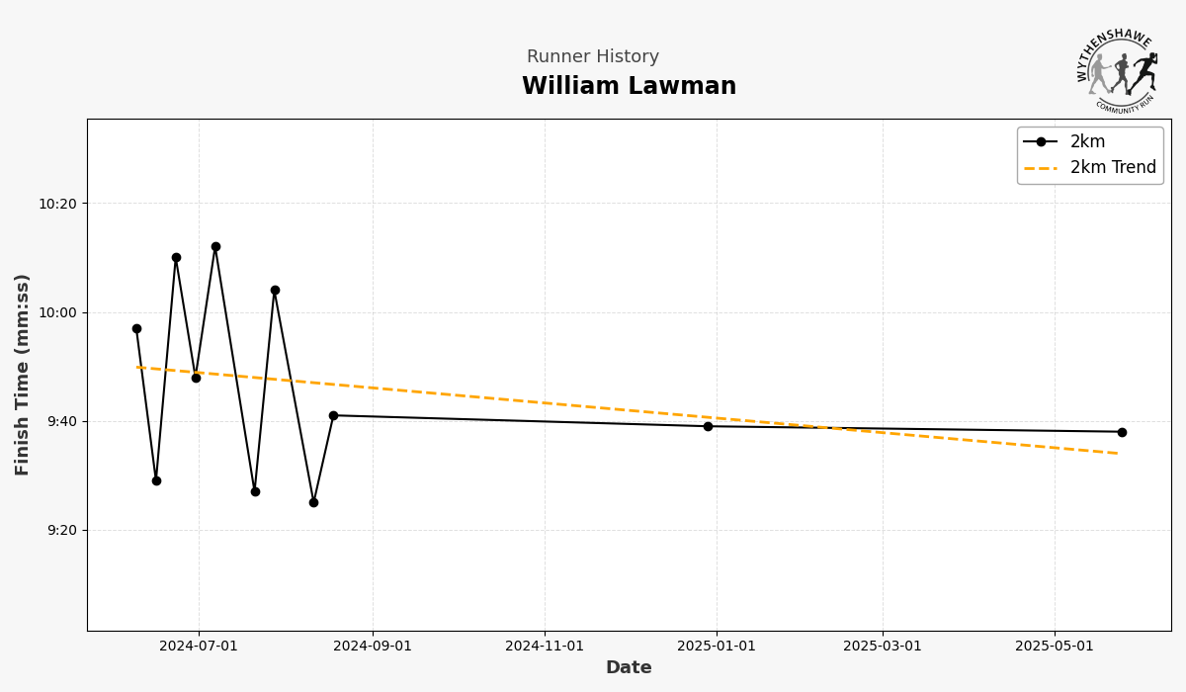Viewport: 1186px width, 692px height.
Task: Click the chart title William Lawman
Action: (x=629, y=87)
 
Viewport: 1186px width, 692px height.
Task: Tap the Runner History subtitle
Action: (x=592, y=57)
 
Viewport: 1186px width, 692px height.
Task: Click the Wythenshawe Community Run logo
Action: (x=1117, y=68)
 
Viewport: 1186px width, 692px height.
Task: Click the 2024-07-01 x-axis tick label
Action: (x=199, y=647)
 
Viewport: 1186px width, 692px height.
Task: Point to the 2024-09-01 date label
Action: (x=373, y=647)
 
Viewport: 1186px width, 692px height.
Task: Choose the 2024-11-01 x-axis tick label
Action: (x=545, y=647)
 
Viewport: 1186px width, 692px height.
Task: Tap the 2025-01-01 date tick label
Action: (x=717, y=647)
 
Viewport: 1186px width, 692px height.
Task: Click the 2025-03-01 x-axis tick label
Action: (x=883, y=647)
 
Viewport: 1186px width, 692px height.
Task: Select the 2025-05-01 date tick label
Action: (x=1055, y=647)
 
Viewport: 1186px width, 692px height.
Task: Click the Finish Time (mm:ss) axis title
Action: (x=23, y=374)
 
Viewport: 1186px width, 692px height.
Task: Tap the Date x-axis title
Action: (x=629, y=668)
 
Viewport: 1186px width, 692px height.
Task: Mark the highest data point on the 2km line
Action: (x=215, y=247)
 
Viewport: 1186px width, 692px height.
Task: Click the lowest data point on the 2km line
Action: (x=313, y=502)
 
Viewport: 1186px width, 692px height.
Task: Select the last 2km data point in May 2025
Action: (x=1122, y=432)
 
